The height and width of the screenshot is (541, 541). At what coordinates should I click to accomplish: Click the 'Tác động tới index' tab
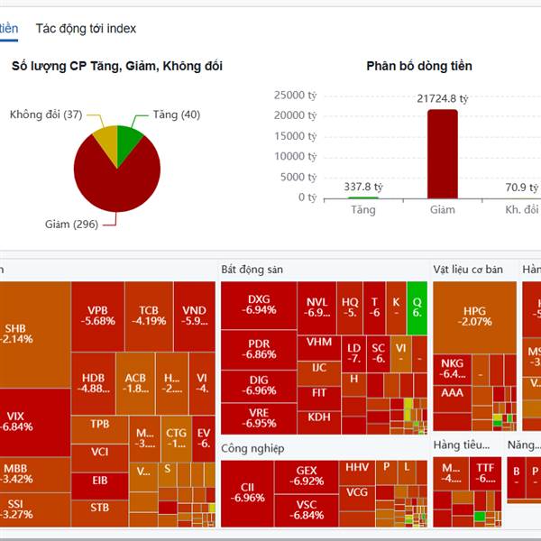[86, 28]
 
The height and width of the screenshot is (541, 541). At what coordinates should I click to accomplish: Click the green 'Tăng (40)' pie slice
[130, 140]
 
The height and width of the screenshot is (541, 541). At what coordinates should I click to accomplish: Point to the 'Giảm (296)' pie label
[72, 225]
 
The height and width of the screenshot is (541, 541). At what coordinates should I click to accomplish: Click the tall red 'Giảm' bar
[442, 153]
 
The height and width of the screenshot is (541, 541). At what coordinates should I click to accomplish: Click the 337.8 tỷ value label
[363, 187]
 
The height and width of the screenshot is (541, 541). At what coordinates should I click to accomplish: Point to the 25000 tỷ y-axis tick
[294, 95]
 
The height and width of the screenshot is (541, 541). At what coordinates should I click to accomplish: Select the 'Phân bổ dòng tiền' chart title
[418, 66]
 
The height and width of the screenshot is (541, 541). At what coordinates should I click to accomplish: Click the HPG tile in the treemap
[474, 316]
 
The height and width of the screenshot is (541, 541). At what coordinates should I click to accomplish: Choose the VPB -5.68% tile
[97, 314]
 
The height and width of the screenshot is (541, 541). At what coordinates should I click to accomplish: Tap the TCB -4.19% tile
[148, 314]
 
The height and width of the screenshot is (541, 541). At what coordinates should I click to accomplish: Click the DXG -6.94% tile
[259, 305]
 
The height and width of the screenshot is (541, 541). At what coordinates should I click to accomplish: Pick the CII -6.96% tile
[247, 492]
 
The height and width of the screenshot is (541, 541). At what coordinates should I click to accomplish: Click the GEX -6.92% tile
[307, 476]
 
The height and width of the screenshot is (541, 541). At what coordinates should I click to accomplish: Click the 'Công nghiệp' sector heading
[252, 448]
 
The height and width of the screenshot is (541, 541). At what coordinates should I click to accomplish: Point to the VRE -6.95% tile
[259, 417]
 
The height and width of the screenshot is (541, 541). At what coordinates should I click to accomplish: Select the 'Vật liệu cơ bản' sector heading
[469, 270]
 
